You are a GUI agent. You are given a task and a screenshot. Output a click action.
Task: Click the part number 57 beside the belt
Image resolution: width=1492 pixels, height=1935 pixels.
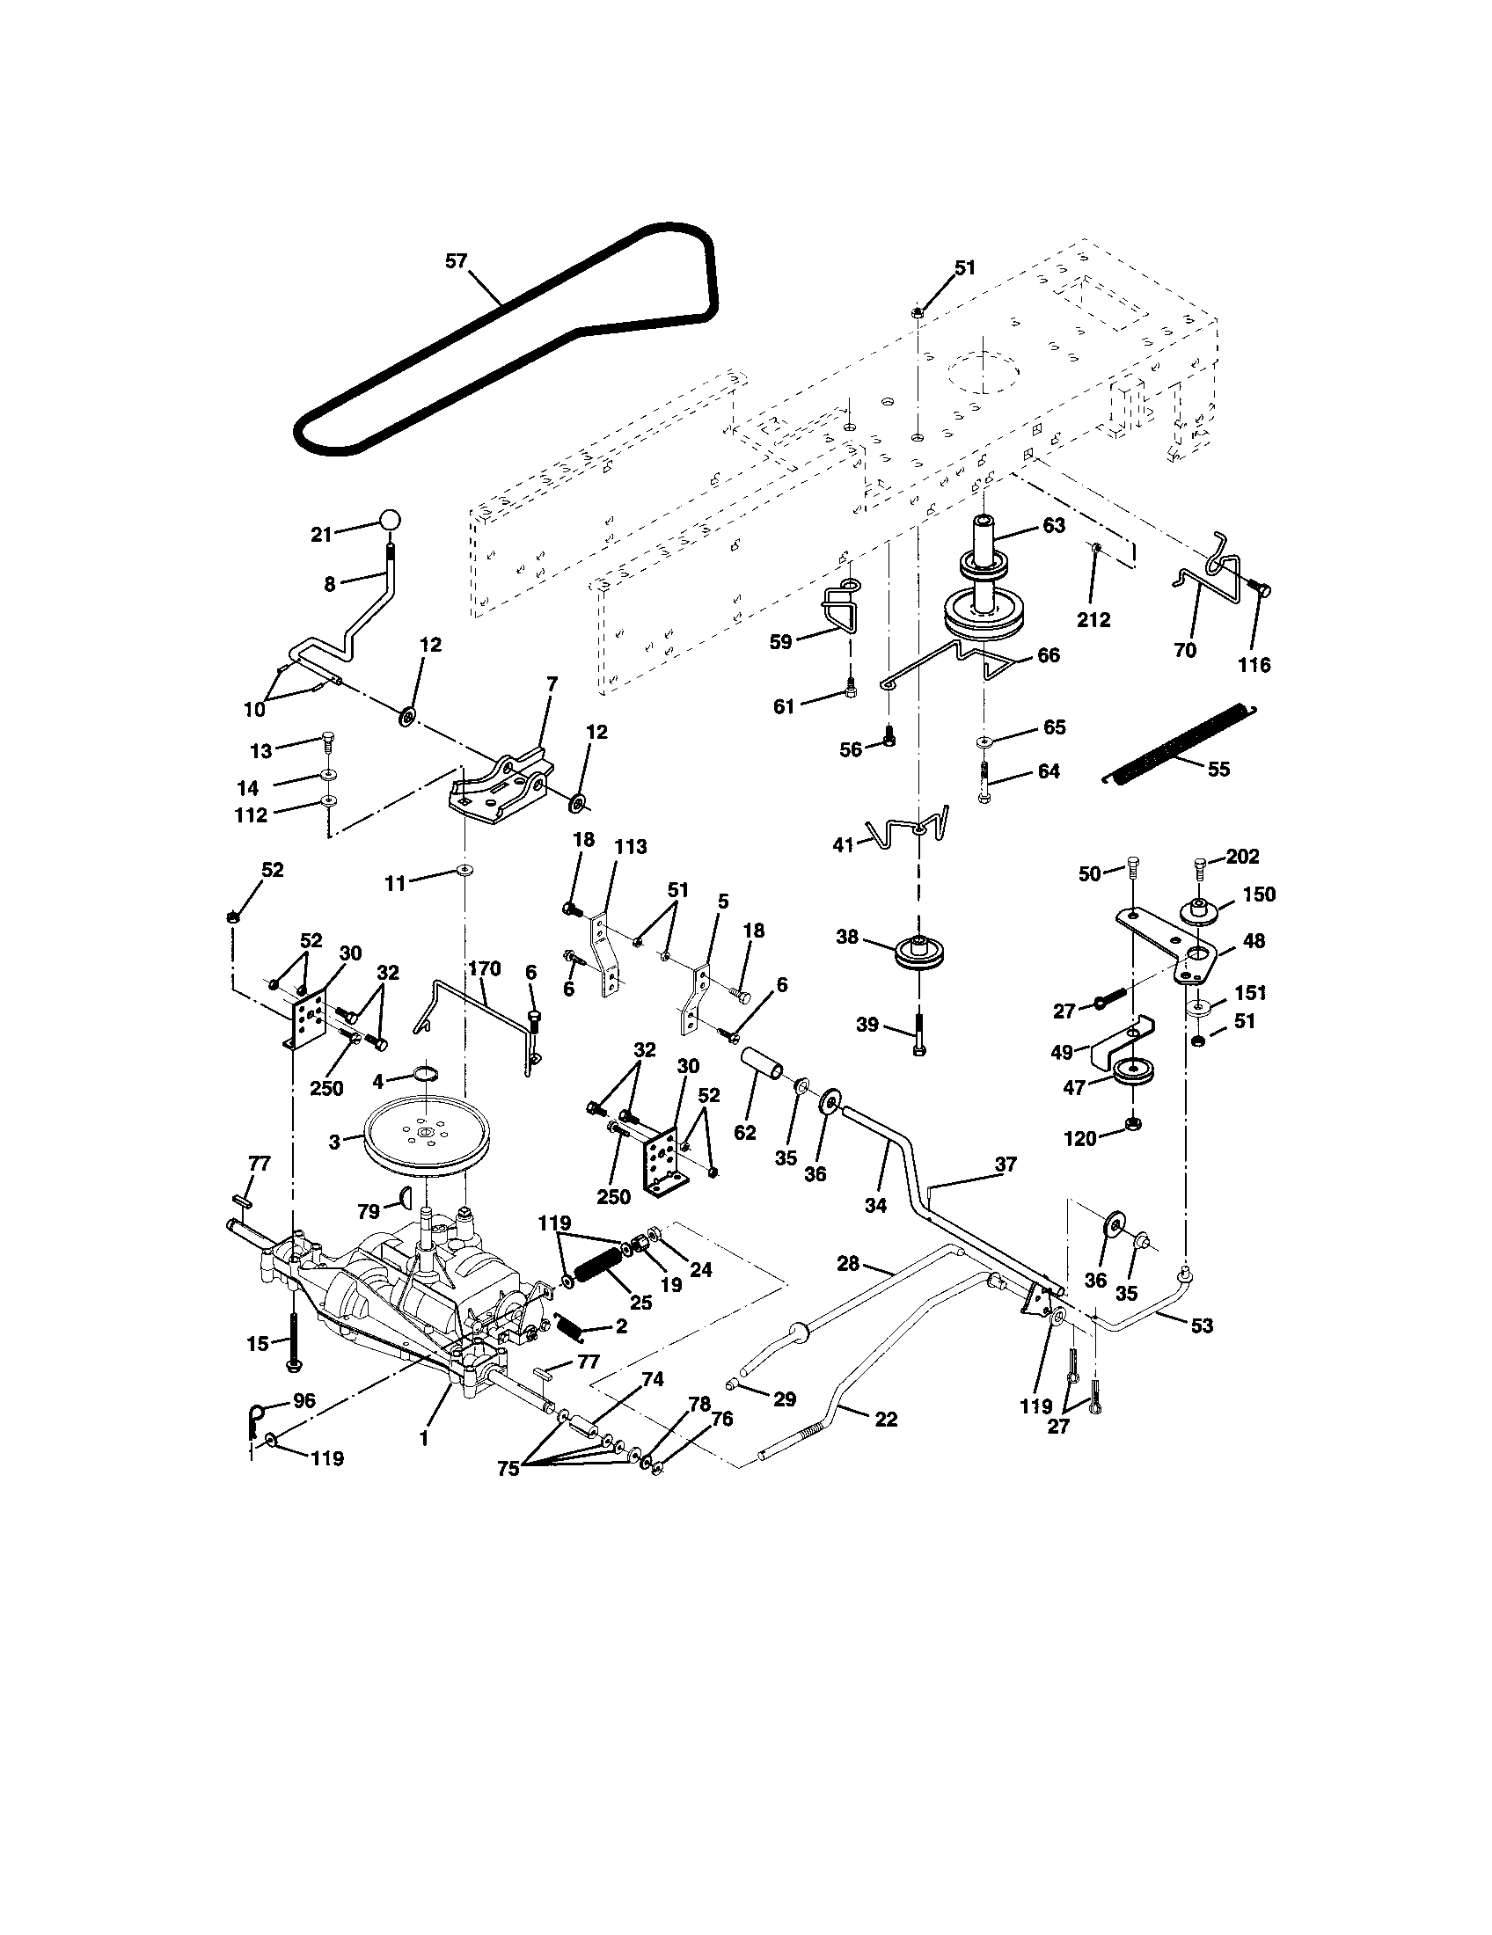(456, 261)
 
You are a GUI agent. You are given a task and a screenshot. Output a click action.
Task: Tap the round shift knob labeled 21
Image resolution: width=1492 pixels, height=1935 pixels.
(391, 520)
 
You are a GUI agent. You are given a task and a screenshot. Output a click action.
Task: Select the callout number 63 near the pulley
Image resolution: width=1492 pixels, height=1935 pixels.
(1053, 525)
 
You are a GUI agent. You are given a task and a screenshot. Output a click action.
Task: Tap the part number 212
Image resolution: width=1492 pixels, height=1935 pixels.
(1093, 619)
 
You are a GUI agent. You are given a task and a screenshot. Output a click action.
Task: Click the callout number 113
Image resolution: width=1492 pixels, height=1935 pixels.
(631, 847)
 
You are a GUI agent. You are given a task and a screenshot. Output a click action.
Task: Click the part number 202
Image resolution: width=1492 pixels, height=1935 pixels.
(1242, 857)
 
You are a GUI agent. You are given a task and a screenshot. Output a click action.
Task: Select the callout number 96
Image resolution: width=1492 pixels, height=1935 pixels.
(304, 1401)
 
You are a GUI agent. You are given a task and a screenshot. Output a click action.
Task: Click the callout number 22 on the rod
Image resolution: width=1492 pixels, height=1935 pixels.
(885, 1420)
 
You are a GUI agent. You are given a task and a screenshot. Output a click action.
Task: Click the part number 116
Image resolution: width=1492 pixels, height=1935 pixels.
(1254, 664)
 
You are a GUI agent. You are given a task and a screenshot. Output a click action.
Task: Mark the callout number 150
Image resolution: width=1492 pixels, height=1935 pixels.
(1258, 894)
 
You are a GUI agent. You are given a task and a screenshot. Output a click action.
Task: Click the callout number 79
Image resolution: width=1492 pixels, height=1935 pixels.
(368, 1209)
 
